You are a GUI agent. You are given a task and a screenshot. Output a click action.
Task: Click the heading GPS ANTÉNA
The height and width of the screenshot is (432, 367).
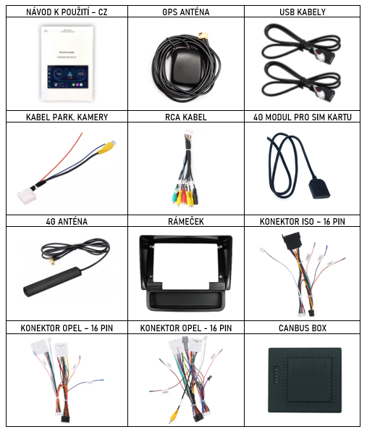pyautogui.click(x=186, y=12)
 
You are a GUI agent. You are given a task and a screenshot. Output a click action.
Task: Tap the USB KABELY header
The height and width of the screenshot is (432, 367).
pyautogui.click(x=303, y=12)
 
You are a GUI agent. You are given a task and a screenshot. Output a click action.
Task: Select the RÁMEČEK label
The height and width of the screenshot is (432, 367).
pyautogui.click(x=186, y=221)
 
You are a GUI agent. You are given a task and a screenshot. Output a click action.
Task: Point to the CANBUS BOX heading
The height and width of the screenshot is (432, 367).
pyautogui.click(x=303, y=328)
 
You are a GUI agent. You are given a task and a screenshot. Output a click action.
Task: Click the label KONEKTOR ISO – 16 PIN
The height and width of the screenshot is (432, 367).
pyautogui.click(x=303, y=221)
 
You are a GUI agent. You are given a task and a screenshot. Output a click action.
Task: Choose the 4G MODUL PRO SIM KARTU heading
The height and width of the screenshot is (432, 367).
pyautogui.click(x=303, y=117)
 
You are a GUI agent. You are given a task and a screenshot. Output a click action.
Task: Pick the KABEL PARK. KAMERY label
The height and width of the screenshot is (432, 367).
pyautogui.click(x=67, y=117)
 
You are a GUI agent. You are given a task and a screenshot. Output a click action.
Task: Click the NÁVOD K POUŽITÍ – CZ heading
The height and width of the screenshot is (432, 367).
pyautogui.click(x=67, y=12)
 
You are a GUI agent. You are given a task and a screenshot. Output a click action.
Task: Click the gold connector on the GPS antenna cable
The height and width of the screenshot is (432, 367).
pyautogui.click(x=203, y=36)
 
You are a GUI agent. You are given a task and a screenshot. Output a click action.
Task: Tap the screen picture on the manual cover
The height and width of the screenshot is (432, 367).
pyautogui.click(x=68, y=77)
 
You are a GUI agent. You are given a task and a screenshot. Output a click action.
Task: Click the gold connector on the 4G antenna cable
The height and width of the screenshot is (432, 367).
pyautogui.click(x=51, y=261)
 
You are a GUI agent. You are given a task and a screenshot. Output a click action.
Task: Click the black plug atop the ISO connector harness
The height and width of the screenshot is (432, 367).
pyautogui.click(x=292, y=241)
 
